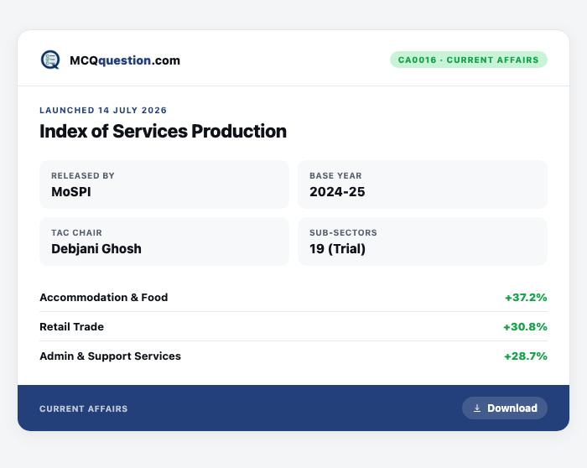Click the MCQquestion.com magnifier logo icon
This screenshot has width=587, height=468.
[x=50, y=60]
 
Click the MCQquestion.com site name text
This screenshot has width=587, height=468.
[x=125, y=60]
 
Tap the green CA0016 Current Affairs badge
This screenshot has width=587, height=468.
[x=468, y=60]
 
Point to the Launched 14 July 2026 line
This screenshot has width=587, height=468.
[x=103, y=110]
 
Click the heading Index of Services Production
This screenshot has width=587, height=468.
[x=163, y=132]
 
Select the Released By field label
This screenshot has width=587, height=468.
[x=83, y=175]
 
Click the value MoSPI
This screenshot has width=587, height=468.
[x=71, y=192]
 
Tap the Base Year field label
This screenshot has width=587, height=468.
[x=335, y=175]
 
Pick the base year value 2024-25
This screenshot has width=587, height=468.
[x=337, y=192]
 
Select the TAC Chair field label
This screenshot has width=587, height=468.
[x=76, y=232]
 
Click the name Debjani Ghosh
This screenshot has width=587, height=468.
[x=96, y=248]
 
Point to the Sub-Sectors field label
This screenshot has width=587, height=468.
[x=343, y=232]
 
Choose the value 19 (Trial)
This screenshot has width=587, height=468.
[x=337, y=249]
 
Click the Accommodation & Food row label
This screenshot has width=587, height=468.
[x=104, y=297]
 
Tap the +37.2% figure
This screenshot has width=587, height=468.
[x=526, y=297]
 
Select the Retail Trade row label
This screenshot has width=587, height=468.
[x=71, y=326]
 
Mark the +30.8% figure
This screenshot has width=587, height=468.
[x=525, y=326]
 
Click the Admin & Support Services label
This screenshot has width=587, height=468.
[x=110, y=356]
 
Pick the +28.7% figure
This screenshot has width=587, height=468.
[x=526, y=356]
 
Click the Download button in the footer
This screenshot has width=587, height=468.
[x=505, y=408]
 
